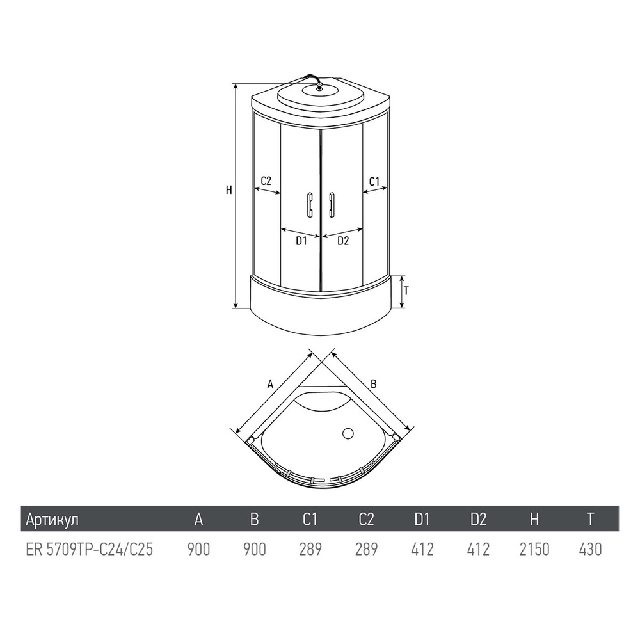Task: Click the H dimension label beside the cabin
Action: click(228, 190)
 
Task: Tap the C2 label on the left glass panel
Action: click(266, 181)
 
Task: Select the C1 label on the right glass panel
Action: click(374, 181)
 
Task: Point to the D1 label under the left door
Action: click(301, 241)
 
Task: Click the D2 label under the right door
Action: click(343, 241)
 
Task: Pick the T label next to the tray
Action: click(406, 291)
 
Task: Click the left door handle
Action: click(309, 204)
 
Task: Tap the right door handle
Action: click(332, 204)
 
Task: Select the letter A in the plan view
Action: click(270, 383)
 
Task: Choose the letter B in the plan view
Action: click(373, 383)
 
